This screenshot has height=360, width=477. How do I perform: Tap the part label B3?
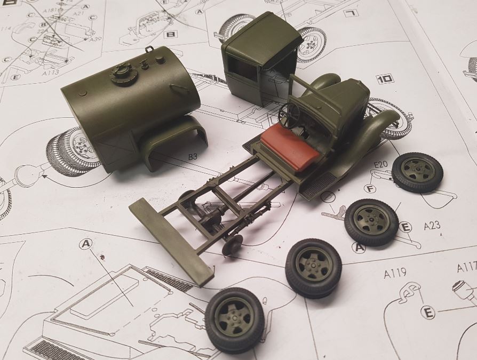tap(193, 157)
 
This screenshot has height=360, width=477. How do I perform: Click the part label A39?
tap(96, 39)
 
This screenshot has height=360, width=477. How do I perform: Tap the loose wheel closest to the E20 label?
tap(417, 172)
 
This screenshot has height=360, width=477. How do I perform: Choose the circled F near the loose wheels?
tap(369, 188)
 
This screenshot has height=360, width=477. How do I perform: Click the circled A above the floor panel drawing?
tap(85, 244)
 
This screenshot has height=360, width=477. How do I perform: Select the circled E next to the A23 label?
tap(406, 228)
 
